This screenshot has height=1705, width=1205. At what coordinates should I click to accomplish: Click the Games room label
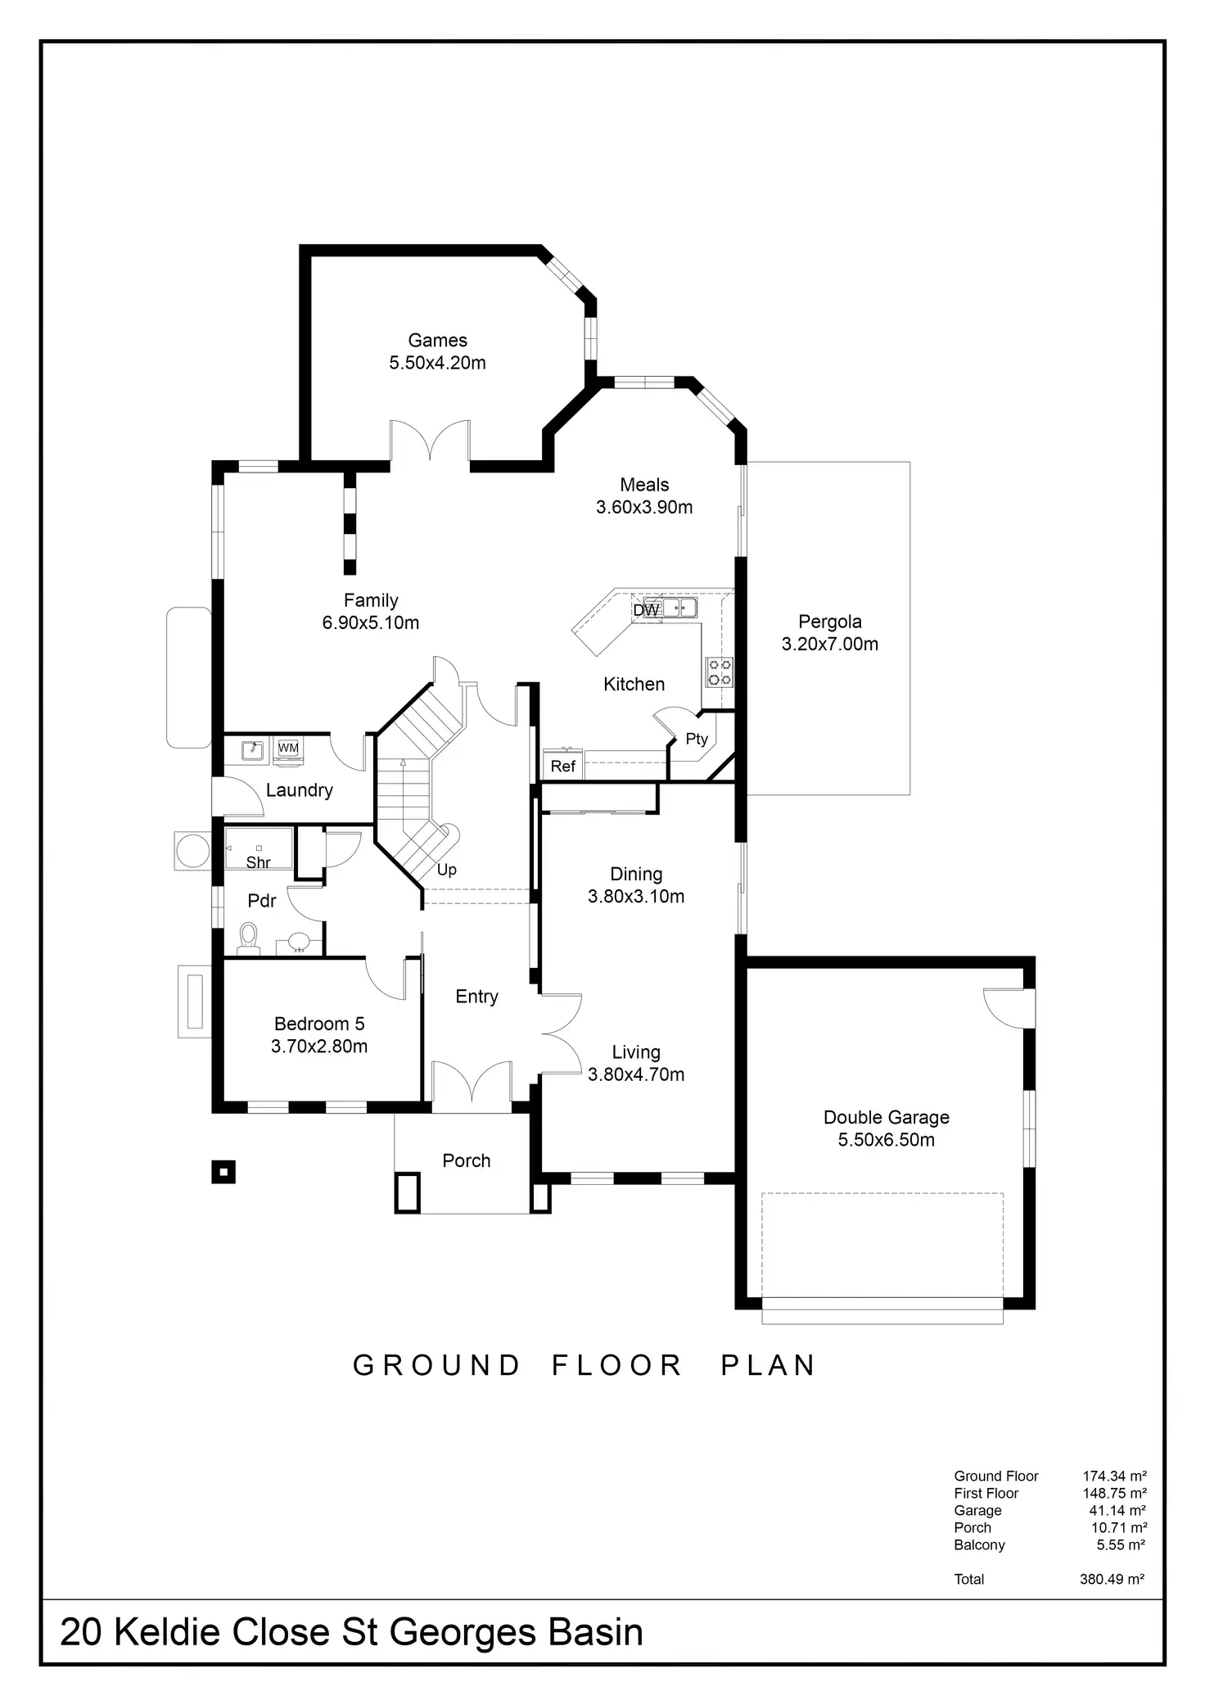tap(437, 341)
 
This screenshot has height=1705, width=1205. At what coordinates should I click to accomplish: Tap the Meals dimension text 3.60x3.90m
tap(644, 508)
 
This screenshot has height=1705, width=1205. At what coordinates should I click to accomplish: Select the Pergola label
tap(829, 622)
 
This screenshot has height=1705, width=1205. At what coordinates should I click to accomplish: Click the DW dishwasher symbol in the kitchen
tap(646, 610)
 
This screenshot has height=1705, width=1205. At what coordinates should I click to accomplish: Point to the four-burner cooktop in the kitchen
tap(720, 672)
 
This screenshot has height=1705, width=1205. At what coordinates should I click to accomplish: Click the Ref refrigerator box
tap(563, 767)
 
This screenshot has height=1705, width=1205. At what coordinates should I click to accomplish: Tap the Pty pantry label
tap(697, 739)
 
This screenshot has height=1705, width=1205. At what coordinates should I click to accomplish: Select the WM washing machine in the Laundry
tap(288, 748)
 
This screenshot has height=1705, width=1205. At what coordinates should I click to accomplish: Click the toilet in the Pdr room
tap(248, 938)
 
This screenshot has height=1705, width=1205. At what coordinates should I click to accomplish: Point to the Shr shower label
tap(258, 862)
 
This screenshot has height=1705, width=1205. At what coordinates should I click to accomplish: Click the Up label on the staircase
tap(446, 870)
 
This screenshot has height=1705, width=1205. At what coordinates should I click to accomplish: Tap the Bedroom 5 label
tap(319, 1024)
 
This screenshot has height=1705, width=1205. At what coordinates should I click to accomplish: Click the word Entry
tap(476, 997)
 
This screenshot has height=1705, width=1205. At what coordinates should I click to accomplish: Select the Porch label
tap(466, 1160)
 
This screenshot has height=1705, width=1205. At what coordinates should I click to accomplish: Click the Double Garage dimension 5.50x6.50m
tap(886, 1140)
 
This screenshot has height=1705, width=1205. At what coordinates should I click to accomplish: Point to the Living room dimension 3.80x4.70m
tap(636, 1074)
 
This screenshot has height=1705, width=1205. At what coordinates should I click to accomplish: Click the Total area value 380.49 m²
tap(1112, 1580)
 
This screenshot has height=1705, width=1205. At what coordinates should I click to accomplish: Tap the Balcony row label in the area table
tap(979, 1545)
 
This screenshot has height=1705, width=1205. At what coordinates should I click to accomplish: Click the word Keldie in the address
tap(167, 1632)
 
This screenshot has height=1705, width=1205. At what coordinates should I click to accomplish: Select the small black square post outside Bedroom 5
tap(223, 1172)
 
